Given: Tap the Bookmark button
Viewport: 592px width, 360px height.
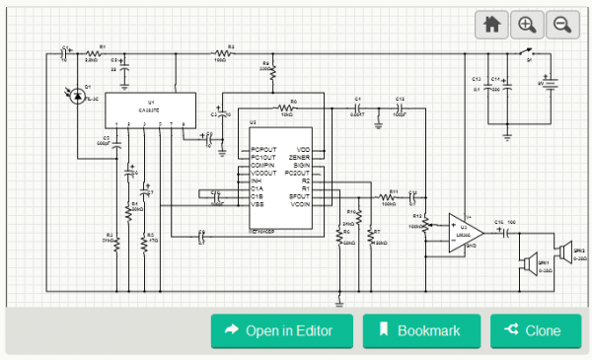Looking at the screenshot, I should [x=421, y=330].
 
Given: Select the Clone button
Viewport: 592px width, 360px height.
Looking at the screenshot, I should [x=535, y=330].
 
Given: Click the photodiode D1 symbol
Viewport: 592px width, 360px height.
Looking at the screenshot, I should [x=80, y=96].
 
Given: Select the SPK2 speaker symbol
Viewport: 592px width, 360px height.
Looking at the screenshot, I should [x=563, y=250].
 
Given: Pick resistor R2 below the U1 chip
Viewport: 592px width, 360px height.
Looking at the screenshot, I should [x=115, y=244].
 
